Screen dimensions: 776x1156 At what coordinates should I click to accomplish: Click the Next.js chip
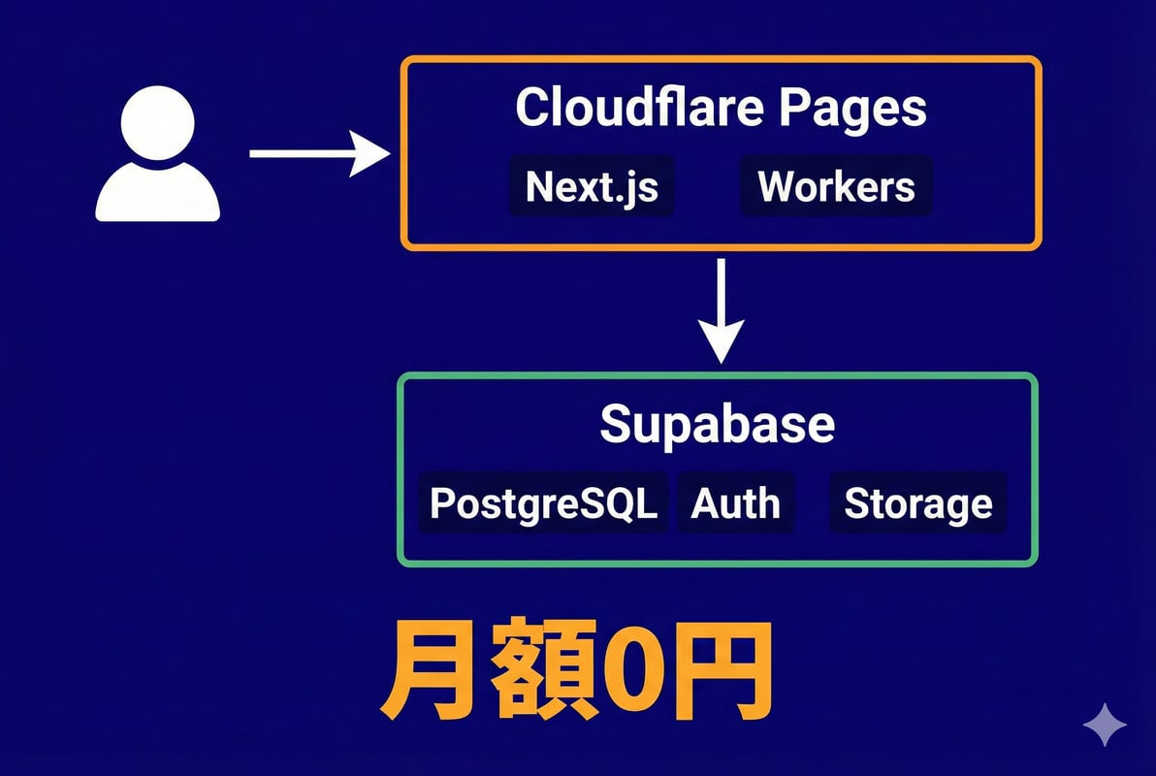point(592,186)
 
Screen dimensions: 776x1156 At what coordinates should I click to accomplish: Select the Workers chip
point(836,186)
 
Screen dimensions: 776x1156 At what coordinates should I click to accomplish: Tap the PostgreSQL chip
point(543,503)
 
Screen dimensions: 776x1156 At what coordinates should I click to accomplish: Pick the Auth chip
point(735,503)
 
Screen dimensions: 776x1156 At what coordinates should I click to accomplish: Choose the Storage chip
point(917,503)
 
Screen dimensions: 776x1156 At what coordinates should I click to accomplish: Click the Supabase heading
point(717,424)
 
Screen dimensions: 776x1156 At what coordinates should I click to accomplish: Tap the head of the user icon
point(157,123)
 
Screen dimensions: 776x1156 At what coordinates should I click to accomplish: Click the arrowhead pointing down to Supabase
point(720,342)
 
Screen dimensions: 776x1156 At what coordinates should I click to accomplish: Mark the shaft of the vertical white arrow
point(720,291)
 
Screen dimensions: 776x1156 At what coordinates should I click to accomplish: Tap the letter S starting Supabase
point(618,424)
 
